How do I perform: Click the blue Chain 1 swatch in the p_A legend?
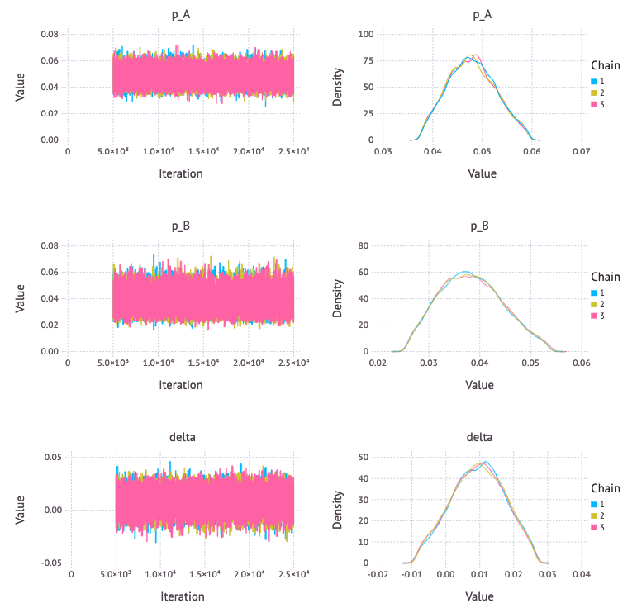coord(593,80)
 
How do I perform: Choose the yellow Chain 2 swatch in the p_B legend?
coord(593,304)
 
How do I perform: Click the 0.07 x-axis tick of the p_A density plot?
coord(581,153)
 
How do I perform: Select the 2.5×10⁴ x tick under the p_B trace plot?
coord(293,364)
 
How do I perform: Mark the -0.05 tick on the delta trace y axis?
coord(47,563)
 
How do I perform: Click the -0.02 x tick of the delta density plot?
coord(378,576)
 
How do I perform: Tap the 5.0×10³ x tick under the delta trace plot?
coord(116,576)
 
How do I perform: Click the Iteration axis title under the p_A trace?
coord(180,173)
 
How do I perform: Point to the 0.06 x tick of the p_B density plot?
coord(581,364)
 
